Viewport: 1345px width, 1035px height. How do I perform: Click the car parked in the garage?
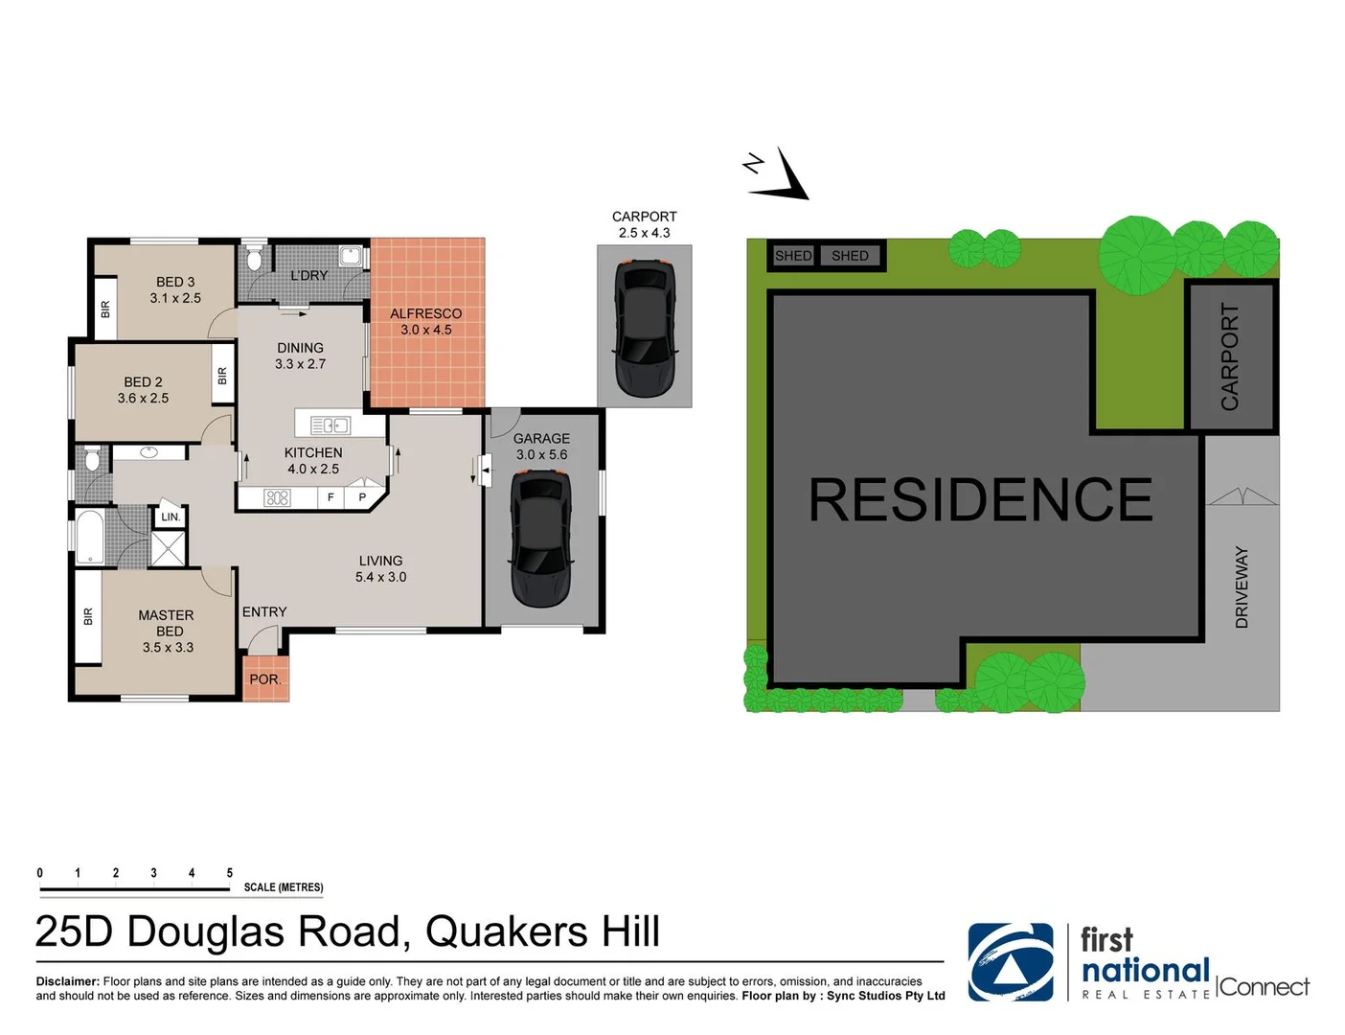pos(541,540)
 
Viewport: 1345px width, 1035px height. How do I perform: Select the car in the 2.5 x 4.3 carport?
pos(644,328)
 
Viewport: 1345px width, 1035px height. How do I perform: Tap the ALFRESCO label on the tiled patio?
pos(425,313)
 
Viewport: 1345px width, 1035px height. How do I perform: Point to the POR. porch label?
pos(264,679)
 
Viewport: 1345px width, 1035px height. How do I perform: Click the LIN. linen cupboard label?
pos(171,517)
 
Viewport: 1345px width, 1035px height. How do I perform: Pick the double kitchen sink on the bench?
pos(330,425)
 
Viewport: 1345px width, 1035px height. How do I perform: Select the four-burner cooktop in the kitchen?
pos(277,497)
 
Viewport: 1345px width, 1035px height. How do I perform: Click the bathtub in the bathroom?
pos(89,537)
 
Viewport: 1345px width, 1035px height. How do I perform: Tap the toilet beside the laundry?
pos(254,259)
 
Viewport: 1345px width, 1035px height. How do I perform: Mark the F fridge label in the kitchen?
pos(331,497)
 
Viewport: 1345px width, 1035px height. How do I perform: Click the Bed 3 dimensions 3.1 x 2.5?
pos(175,298)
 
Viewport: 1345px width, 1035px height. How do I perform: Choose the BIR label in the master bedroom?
pos(88,616)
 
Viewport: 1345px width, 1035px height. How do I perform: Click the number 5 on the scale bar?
pos(229,873)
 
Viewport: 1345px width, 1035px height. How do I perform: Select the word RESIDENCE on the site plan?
pos(980,500)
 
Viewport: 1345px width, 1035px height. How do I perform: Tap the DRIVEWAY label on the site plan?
pos(1242,586)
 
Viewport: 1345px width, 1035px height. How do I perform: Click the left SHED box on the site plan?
pos(792,256)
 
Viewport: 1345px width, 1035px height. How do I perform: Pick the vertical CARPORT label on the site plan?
pos(1229,356)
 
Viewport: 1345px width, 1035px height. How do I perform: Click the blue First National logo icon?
pos(1010,962)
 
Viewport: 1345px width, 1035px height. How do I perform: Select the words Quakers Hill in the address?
pos(542,931)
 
